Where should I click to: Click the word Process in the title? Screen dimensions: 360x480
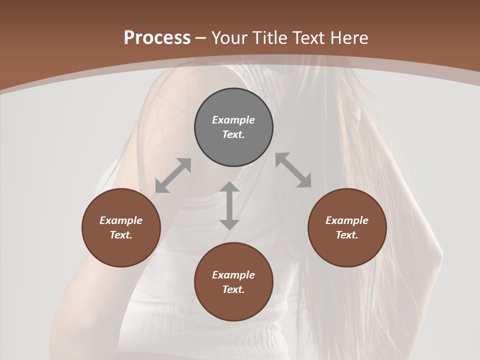[157, 38]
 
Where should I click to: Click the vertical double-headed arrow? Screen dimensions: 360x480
[229, 205]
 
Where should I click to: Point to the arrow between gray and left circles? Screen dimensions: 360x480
[173, 175]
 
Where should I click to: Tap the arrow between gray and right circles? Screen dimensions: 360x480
[293, 170]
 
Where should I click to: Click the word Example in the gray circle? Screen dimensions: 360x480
[233, 120]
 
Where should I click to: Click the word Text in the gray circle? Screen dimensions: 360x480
[233, 134]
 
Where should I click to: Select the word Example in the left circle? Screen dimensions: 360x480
[121, 220]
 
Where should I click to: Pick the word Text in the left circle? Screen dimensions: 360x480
[120, 235]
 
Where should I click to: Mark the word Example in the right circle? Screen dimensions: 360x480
[347, 220]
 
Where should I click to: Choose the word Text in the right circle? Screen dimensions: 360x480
[346, 235]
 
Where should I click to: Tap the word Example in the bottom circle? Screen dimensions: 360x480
[233, 275]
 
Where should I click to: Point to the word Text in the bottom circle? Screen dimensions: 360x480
[233, 289]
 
